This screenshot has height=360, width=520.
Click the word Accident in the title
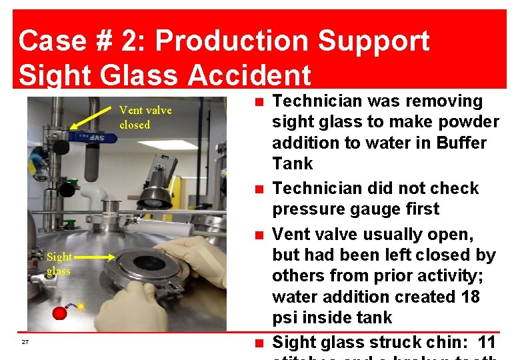point(249,74)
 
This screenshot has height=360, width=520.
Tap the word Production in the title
point(229,41)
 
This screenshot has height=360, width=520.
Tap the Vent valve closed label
point(145,117)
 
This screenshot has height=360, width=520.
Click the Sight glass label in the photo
point(59,264)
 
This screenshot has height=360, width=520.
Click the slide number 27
point(25,342)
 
